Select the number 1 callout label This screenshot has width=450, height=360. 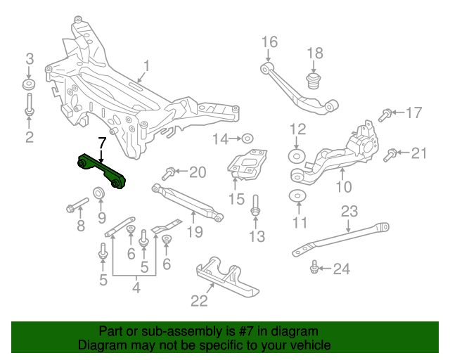[x=146, y=67]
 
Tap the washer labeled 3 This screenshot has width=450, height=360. [x=30, y=85]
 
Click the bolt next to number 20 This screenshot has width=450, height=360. [x=169, y=172]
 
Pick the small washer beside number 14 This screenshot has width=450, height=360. [x=247, y=139]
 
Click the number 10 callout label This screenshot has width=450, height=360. [x=343, y=187]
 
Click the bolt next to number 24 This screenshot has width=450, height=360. [x=314, y=267]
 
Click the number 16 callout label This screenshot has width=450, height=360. [x=270, y=42]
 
